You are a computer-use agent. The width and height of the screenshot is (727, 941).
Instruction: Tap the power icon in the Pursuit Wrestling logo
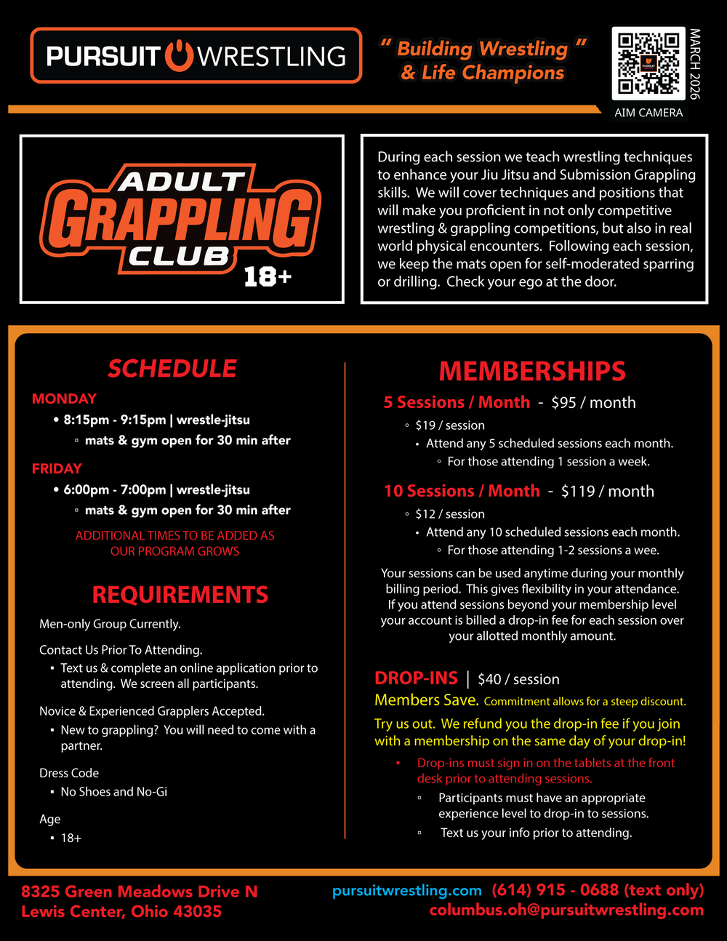(179, 56)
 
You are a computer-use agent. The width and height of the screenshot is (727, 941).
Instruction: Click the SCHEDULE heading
(172, 369)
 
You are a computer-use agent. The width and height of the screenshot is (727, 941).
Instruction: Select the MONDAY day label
(64, 399)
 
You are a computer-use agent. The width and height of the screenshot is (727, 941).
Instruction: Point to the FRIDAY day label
(57, 468)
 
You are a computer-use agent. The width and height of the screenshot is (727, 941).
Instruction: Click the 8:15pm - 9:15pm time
(115, 420)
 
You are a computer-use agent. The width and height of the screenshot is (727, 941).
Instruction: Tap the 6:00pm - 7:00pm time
(115, 489)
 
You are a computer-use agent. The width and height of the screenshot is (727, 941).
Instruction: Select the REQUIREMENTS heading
(180, 595)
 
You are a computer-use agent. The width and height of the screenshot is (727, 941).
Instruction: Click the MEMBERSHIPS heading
(532, 372)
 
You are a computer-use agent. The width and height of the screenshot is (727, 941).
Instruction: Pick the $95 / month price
(593, 403)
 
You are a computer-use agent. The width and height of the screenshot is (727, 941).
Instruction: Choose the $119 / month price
(607, 492)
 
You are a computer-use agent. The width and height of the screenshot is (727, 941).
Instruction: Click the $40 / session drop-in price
(518, 679)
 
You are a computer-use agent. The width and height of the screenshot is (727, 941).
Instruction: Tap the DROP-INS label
(416, 678)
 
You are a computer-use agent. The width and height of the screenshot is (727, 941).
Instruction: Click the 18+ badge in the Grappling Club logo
(268, 276)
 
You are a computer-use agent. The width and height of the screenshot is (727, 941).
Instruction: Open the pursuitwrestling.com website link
(406, 891)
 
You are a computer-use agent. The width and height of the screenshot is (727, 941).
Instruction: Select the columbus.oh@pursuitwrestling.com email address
(566, 910)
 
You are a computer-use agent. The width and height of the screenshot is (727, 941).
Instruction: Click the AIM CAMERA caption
(648, 113)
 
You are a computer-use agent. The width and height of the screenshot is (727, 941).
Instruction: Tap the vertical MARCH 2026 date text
(695, 64)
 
